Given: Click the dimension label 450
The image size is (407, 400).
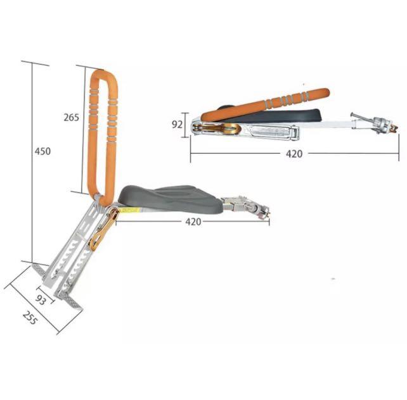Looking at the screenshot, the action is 42,151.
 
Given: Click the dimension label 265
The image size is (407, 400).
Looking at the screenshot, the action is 71,117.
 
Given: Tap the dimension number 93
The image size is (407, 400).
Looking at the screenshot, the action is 41,300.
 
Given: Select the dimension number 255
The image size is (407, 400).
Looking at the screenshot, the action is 30,318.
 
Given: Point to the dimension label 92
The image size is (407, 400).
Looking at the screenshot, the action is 178,125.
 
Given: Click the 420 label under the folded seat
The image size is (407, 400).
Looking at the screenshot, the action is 294,154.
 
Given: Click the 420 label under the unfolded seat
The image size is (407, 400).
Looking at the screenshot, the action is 193,222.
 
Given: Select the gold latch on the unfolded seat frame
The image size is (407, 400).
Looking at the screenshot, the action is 103,230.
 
